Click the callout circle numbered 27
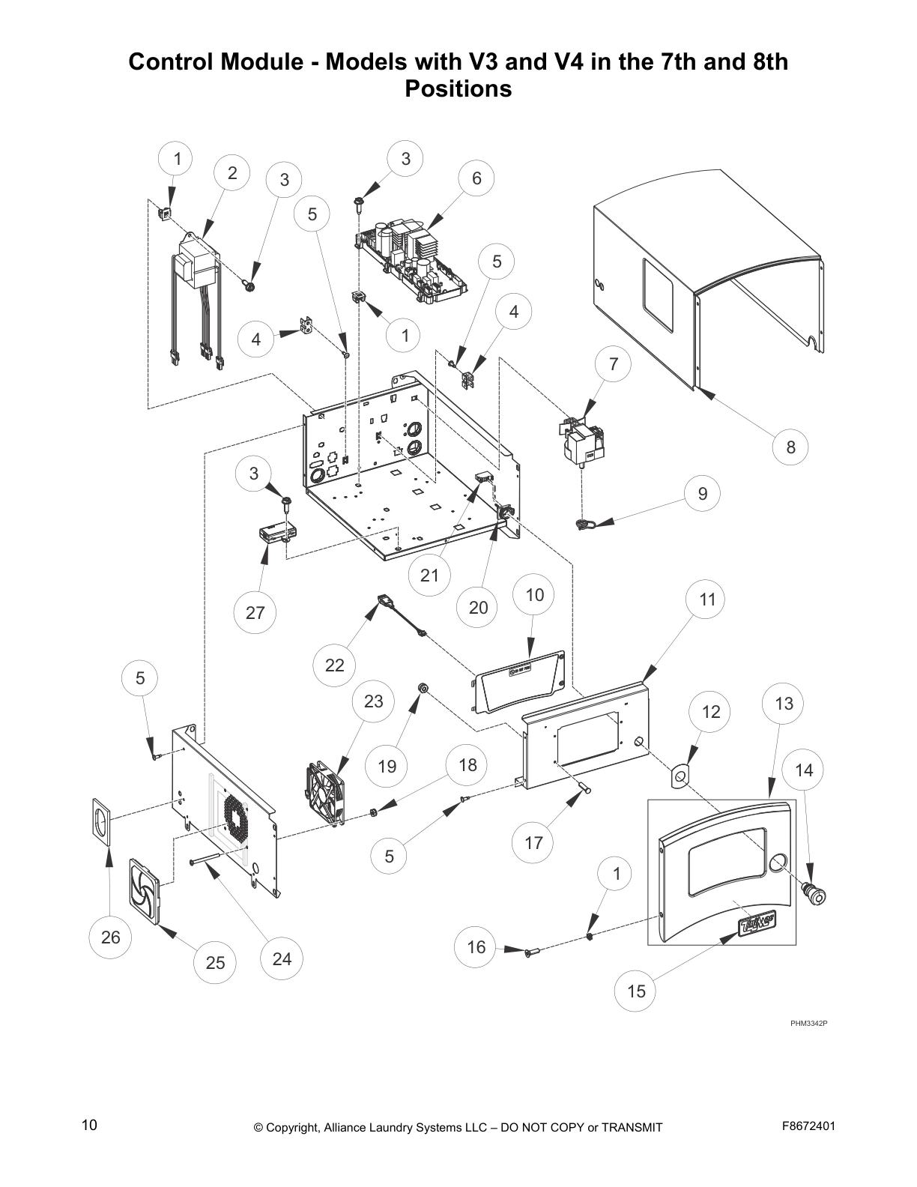coord(255,612)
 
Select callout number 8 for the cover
coord(791,447)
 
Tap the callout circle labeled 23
coord(373,701)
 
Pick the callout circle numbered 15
coord(635,991)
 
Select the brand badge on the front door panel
coord(756,924)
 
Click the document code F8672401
coord(808,1126)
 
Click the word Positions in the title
coord(458,88)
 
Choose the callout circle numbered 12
coord(710,711)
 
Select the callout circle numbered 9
coord(702,493)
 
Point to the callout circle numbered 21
coord(429,575)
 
